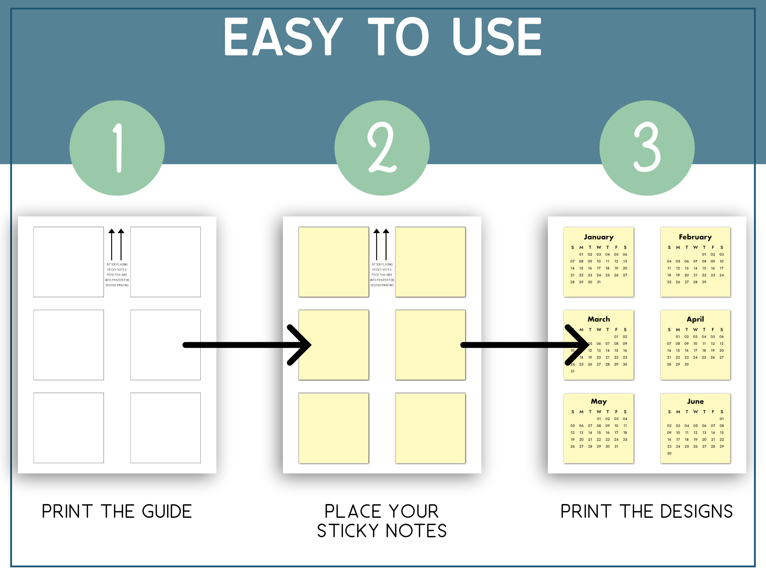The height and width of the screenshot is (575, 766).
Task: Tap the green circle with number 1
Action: (x=117, y=148)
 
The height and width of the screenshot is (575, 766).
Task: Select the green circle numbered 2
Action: (x=382, y=148)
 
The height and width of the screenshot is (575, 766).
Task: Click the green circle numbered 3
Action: (x=647, y=148)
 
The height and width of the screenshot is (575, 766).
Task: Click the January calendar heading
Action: (x=598, y=237)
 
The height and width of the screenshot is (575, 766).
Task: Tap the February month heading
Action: (x=695, y=237)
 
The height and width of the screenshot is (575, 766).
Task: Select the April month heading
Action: (x=695, y=319)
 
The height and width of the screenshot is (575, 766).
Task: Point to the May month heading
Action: (x=598, y=401)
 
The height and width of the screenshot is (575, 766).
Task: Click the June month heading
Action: (x=695, y=401)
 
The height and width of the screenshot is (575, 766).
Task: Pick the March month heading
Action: (x=598, y=319)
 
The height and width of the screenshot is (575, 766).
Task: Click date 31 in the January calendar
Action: (x=598, y=282)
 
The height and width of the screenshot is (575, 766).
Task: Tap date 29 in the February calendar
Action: (x=704, y=282)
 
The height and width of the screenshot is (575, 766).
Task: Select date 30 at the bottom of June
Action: (x=669, y=453)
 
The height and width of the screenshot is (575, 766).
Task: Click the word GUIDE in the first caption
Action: (x=167, y=512)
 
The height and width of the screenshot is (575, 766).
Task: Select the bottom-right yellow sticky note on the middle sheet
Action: (x=430, y=428)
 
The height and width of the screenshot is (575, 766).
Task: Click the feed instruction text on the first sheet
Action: (x=117, y=275)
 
